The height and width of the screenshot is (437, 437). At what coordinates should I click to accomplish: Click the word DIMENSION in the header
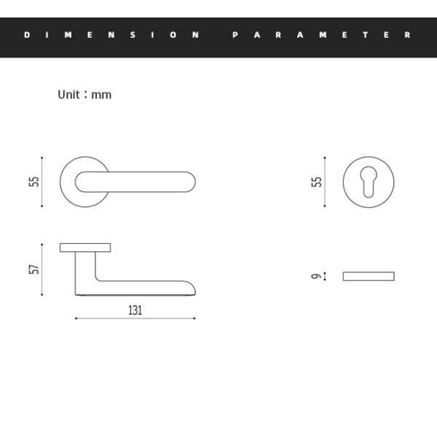coord(111,35)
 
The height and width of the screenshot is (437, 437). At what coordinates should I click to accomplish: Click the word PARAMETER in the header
coord(322,35)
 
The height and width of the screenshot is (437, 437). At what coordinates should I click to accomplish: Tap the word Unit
coord(68,95)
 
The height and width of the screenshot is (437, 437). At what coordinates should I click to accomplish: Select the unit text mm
coord(101,95)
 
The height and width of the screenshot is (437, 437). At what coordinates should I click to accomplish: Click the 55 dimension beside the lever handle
coord(34,181)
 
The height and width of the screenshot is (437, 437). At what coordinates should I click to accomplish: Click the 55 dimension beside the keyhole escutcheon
coord(316,181)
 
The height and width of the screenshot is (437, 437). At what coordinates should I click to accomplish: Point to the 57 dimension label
coord(34,269)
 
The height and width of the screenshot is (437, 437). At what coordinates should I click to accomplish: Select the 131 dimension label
coord(135,310)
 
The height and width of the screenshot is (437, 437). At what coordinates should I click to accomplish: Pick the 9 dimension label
coord(316,276)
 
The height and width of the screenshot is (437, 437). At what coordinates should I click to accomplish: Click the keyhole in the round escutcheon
coord(369,181)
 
